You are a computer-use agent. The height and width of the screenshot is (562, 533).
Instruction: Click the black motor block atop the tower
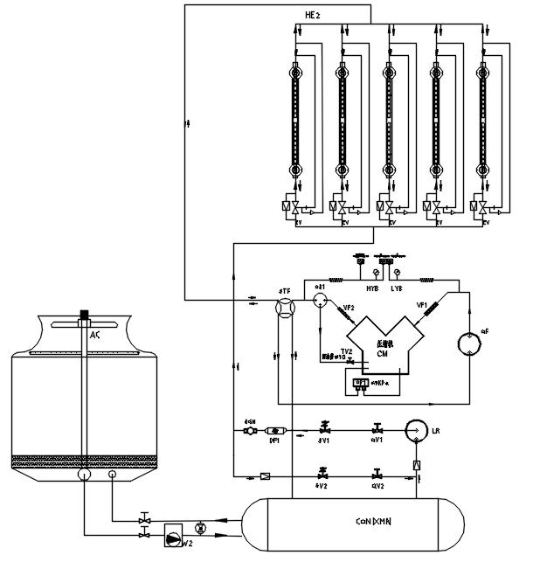tap(85, 314)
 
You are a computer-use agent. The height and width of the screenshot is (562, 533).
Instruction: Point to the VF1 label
tap(421, 306)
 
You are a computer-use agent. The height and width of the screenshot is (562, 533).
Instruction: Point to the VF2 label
tap(348, 308)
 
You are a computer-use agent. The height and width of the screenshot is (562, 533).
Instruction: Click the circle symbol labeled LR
tap(419, 431)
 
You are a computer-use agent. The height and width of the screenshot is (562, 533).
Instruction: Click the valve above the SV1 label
tap(324, 429)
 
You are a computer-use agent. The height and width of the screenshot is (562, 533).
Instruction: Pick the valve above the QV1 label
tap(377, 429)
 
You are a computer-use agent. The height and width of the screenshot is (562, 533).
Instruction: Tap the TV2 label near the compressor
tap(347, 350)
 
